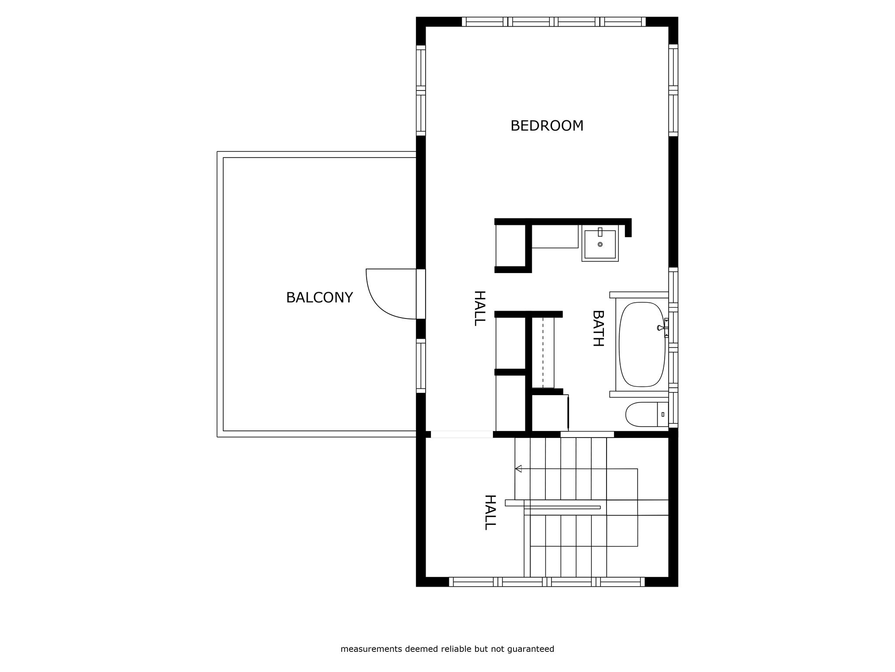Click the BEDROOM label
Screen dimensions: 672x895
547,126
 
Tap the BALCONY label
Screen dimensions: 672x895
319,298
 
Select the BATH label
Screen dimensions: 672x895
597,328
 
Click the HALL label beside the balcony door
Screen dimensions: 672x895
479,308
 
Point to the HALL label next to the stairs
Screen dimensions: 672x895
490,512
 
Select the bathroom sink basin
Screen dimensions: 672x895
600,245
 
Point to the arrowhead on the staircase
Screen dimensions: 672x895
518,469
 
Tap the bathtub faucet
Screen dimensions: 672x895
662,327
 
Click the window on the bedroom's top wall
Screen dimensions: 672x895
554,22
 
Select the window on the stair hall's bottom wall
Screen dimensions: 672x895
546,582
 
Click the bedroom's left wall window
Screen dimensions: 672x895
420,91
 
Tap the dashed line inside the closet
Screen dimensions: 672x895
543,352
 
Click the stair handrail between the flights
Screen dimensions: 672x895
562,507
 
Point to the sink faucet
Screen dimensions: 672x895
600,232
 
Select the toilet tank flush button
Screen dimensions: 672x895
663,414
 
